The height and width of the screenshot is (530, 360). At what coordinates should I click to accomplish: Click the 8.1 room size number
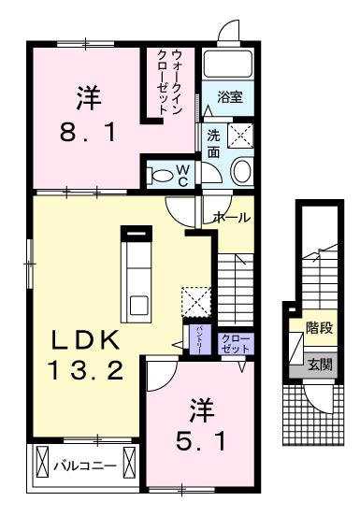88,133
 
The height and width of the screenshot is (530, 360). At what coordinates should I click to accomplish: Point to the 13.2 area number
83,371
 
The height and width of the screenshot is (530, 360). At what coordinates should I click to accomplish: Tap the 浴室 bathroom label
229,95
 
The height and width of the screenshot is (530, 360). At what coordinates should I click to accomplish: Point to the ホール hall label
232,218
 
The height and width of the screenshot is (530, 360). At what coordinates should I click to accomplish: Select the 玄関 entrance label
318,365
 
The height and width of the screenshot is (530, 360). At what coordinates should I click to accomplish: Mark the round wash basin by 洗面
241,170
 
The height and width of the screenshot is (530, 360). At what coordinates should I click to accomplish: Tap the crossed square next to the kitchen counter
194,301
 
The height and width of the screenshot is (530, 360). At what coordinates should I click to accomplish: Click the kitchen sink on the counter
137,305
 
